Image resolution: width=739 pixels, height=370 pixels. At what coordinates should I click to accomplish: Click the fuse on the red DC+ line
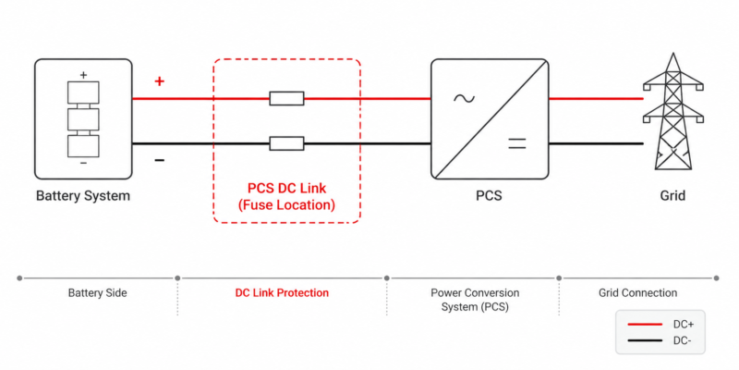point(286,99)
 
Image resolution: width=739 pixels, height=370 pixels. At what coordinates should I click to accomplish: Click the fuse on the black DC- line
point(286,143)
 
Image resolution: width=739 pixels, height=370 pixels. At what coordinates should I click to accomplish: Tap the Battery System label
point(83,195)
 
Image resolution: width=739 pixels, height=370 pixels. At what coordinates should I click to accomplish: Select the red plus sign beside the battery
point(160,81)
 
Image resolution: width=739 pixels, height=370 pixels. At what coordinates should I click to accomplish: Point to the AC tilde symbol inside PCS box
point(465,98)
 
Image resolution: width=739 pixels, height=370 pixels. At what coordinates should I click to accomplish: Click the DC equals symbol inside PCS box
point(516,143)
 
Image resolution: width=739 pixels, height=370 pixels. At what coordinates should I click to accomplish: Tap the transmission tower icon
point(672,111)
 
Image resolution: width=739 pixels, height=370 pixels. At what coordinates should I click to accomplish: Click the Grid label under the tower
point(672,195)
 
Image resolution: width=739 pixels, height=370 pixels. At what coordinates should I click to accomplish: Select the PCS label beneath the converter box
point(489,195)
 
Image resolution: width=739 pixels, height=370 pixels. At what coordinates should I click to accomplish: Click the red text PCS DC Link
point(286,189)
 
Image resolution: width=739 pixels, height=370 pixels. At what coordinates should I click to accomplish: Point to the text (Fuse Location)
point(286,205)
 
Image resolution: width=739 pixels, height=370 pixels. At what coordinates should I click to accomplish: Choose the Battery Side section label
point(98,293)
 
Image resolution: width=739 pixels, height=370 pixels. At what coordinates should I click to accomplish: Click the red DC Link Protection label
point(282,293)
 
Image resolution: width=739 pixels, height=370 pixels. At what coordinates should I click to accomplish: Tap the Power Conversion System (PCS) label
point(475,300)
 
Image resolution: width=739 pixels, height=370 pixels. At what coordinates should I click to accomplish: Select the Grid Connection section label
point(637,293)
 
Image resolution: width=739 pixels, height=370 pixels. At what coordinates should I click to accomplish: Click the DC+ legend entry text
point(684,325)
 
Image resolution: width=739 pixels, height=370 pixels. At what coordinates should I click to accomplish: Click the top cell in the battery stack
point(83,92)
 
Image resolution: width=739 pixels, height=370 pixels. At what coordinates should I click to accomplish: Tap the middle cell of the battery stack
point(83,119)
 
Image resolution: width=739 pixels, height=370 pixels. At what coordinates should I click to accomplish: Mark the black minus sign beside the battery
point(160,161)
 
